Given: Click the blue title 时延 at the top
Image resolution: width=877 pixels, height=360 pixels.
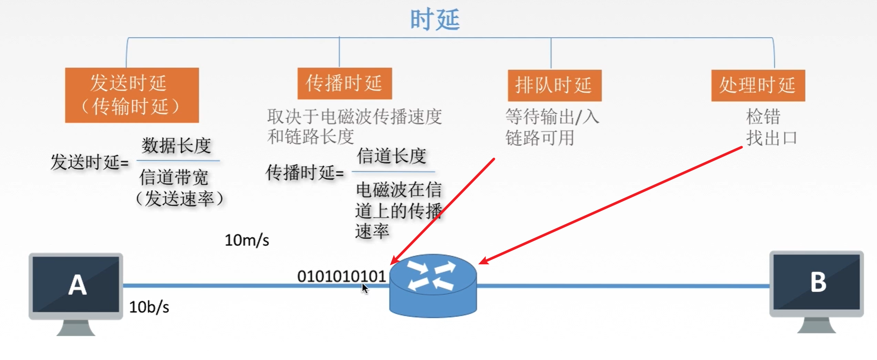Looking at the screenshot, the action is [x=435, y=20].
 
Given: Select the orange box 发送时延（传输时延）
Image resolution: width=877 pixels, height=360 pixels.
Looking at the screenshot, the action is [x=131, y=95].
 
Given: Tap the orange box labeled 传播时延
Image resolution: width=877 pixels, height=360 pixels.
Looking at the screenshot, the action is [x=344, y=83].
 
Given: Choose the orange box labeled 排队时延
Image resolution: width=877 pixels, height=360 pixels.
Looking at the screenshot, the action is [x=554, y=85].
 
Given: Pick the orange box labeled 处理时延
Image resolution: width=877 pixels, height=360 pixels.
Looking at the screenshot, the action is [x=758, y=85].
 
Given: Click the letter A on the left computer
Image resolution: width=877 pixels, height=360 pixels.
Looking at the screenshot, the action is [x=77, y=285].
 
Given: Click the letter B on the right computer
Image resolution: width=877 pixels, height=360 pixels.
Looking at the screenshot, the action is [x=818, y=283].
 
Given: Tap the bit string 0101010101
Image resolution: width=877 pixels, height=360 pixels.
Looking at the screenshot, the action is [x=341, y=276].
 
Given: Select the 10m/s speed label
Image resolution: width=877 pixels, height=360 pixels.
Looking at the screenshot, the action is [x=247, y=240].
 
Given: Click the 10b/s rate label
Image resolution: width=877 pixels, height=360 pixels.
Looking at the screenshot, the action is [x=149, y=307].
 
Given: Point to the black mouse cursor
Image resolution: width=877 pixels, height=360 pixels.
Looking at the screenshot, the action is [x=364, y=288].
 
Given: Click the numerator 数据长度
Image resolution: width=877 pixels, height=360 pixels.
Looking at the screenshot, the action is [x=176, y=146].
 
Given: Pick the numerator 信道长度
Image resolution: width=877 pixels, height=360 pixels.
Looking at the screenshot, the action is [x=391, y=156].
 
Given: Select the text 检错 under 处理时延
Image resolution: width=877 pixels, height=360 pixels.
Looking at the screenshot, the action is [x=763, y=117].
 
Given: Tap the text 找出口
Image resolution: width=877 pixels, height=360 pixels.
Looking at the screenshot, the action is [x=772, y=138].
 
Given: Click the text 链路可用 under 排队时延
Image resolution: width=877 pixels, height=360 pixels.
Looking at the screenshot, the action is [x=540, y=138].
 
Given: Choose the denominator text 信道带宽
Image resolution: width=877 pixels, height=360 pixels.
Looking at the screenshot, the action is [x=174, y=177].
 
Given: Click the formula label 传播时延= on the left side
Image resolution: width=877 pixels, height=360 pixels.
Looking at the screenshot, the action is [x=305, y=173].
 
